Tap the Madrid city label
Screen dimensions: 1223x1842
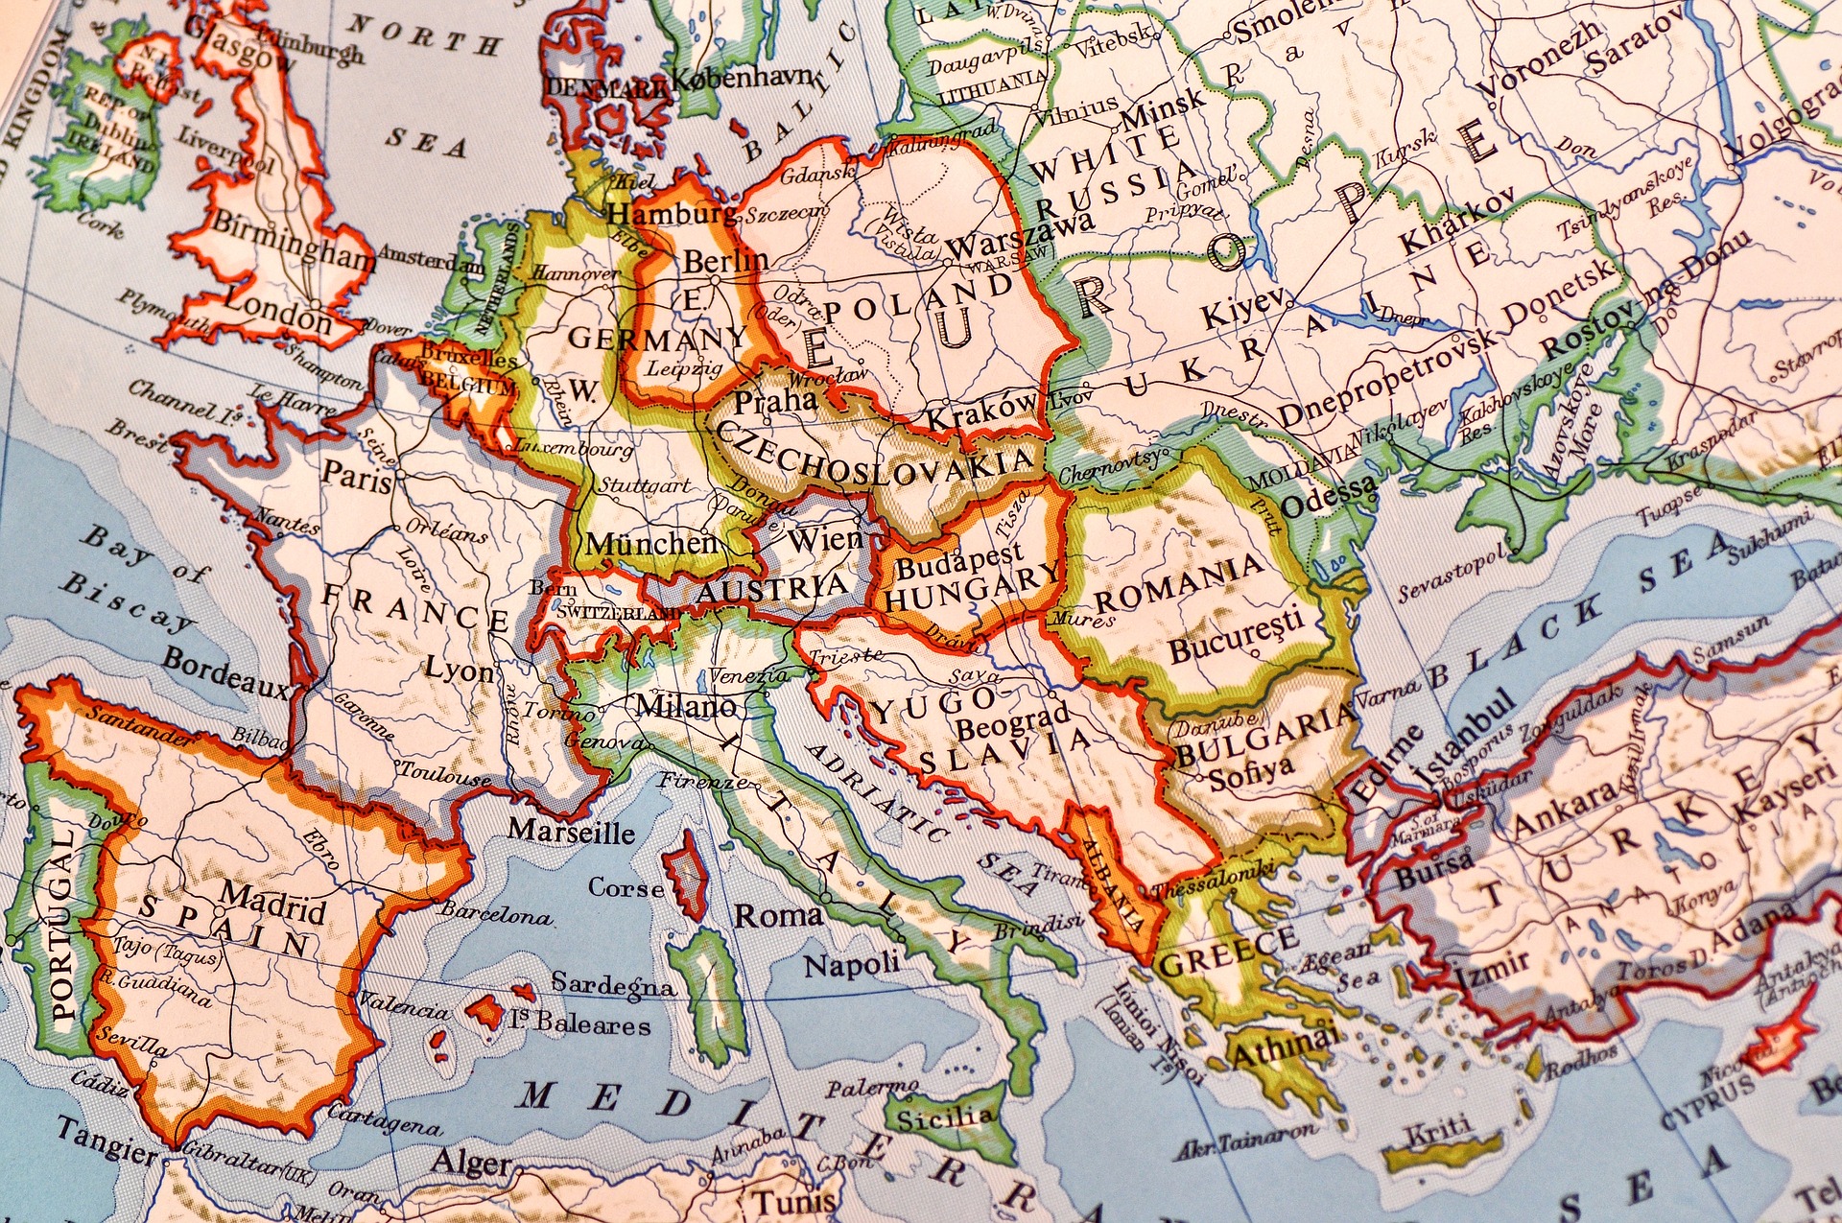click(272, 901)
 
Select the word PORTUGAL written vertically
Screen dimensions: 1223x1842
click(62, 926)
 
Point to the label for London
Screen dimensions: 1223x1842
click(278, 315)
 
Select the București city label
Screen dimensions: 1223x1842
click(1236, 635)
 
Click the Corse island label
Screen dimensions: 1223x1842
click(626, 887)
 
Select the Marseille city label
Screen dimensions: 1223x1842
click(571, 831)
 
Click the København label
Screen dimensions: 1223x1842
click(743, 78)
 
